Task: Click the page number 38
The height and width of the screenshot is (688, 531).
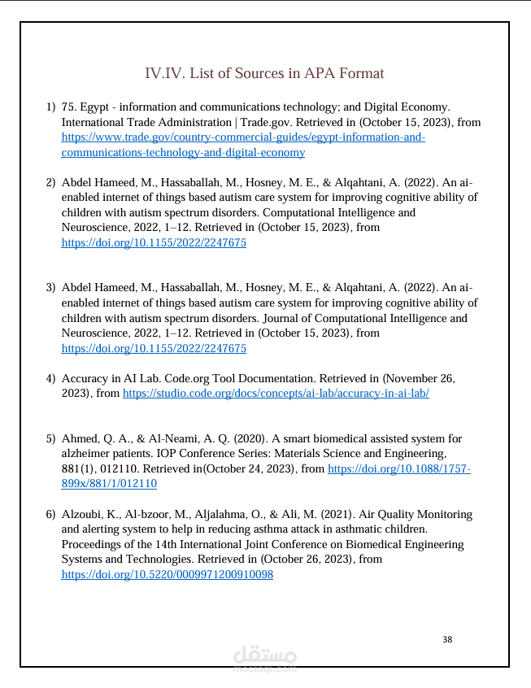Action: click(x=447, y=639)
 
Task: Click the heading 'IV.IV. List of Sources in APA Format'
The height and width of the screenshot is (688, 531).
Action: click(x=264, y=73)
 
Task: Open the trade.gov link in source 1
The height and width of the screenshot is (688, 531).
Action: click(x=243, y=137)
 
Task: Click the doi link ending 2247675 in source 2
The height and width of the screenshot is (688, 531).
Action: click(x=154, y=242)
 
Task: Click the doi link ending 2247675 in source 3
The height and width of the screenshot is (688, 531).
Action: click(x=154, y=348)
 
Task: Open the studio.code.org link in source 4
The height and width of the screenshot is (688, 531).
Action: click(x=276, y=393)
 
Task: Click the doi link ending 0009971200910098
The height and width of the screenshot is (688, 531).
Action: click(x=168, y=574)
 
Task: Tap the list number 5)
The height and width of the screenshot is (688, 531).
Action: click(x=50, y=439)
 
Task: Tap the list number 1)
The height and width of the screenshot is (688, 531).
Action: click(x=50, y=107)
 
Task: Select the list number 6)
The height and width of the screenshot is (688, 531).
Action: click(x=50, y=515)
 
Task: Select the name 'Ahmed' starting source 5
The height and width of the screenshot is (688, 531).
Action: click(x=80, y=439)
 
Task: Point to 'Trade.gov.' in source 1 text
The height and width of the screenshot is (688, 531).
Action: click(x=267, y=122)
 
